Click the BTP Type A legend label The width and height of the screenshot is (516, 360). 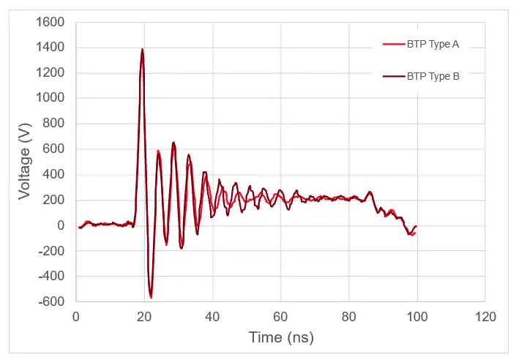pyautogui.click(x=433, y=45)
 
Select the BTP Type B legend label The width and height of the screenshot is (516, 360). pyautogui.click(x=433, y=75)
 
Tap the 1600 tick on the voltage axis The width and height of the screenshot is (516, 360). pyautogui.click(x=51, y=22)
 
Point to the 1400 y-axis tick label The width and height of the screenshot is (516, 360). pyautogui.click(x=51, y=48)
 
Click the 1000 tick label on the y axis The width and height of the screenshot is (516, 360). pyautogui.click(x=51, y=98)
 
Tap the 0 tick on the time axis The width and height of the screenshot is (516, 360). pyautogui.click(x=76, y=317)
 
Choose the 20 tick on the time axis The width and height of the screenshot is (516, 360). pyautogui.click(x=144, y=317)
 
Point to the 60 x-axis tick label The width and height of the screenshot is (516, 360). pyautogui.click(x=281, y=317)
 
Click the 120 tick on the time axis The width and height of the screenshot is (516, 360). pyautogui.click(x=485, y=317)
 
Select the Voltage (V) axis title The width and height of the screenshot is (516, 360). pyautogui.click(x=25, y=162)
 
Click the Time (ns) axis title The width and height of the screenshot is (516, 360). pyautogui.click(x=280, y=337)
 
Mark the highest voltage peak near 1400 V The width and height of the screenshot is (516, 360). pyautogui.click(x=142, y=50)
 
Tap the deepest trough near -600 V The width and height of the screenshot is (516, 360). pyautogui.click(x=151, y=297)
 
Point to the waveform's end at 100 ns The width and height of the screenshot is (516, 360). pyautogui.click(x=416, y=228)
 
